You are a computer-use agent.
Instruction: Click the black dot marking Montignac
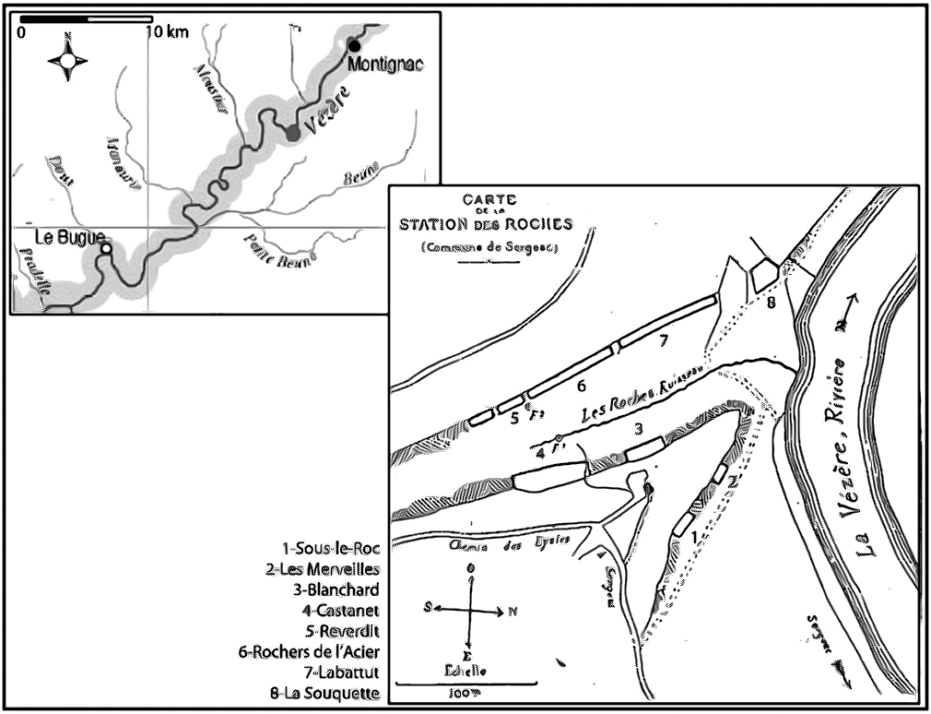tap(353, 46)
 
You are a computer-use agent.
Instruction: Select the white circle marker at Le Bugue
tap(107, 249)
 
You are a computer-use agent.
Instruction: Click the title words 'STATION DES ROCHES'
tap(485, 224)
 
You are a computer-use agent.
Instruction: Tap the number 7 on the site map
tap(663, 340)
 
